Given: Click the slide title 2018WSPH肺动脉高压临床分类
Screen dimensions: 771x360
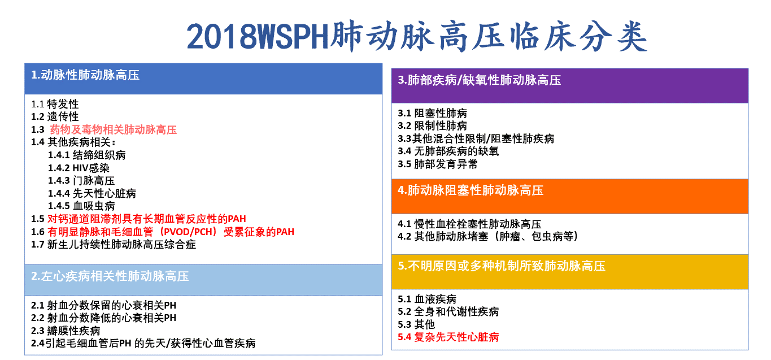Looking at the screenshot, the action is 417,37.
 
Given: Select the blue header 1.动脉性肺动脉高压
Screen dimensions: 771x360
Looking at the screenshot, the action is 85,75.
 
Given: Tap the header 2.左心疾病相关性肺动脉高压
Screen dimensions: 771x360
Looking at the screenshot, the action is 110,276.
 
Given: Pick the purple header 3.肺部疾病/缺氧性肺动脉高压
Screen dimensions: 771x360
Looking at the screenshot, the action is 480,80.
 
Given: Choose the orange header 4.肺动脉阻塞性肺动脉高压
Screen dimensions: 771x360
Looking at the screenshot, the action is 471,190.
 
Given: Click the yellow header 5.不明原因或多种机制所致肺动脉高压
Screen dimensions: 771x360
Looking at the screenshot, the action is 502,266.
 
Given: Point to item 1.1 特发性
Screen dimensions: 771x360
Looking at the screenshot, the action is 55,104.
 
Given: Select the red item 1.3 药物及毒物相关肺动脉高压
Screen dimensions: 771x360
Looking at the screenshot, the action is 104,129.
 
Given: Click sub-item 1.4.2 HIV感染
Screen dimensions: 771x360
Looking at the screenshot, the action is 79,168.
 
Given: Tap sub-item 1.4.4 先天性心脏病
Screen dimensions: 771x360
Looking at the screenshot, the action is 92,193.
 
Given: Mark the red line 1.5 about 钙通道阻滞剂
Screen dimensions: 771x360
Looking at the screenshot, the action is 138,219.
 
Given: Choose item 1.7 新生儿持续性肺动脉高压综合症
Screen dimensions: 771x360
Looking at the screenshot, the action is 114,245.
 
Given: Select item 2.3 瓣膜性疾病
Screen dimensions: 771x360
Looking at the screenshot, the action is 66,331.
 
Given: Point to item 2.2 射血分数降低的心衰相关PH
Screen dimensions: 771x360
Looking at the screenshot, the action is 103,318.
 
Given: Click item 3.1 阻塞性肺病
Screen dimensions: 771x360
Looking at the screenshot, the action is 432,113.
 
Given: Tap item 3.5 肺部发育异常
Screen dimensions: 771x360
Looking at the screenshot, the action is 438,164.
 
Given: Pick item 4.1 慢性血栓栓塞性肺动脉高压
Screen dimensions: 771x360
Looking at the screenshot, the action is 469,224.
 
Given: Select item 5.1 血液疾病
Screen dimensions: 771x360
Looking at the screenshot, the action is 427,298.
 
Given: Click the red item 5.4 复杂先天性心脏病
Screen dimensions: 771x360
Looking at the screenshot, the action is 448,337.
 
